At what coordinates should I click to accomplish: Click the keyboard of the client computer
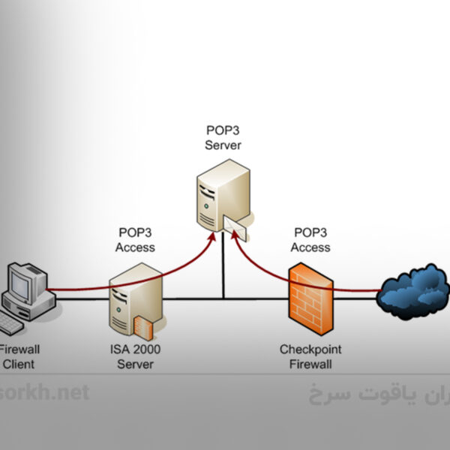click(10, 323)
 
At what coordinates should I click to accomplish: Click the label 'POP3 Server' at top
click(223, 139)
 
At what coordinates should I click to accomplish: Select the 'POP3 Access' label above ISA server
click(136, 240)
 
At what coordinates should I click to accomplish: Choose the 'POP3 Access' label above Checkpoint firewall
click(310, 240)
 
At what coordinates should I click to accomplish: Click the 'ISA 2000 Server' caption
click(135, 357)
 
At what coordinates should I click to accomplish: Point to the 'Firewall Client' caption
click(19, 357)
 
